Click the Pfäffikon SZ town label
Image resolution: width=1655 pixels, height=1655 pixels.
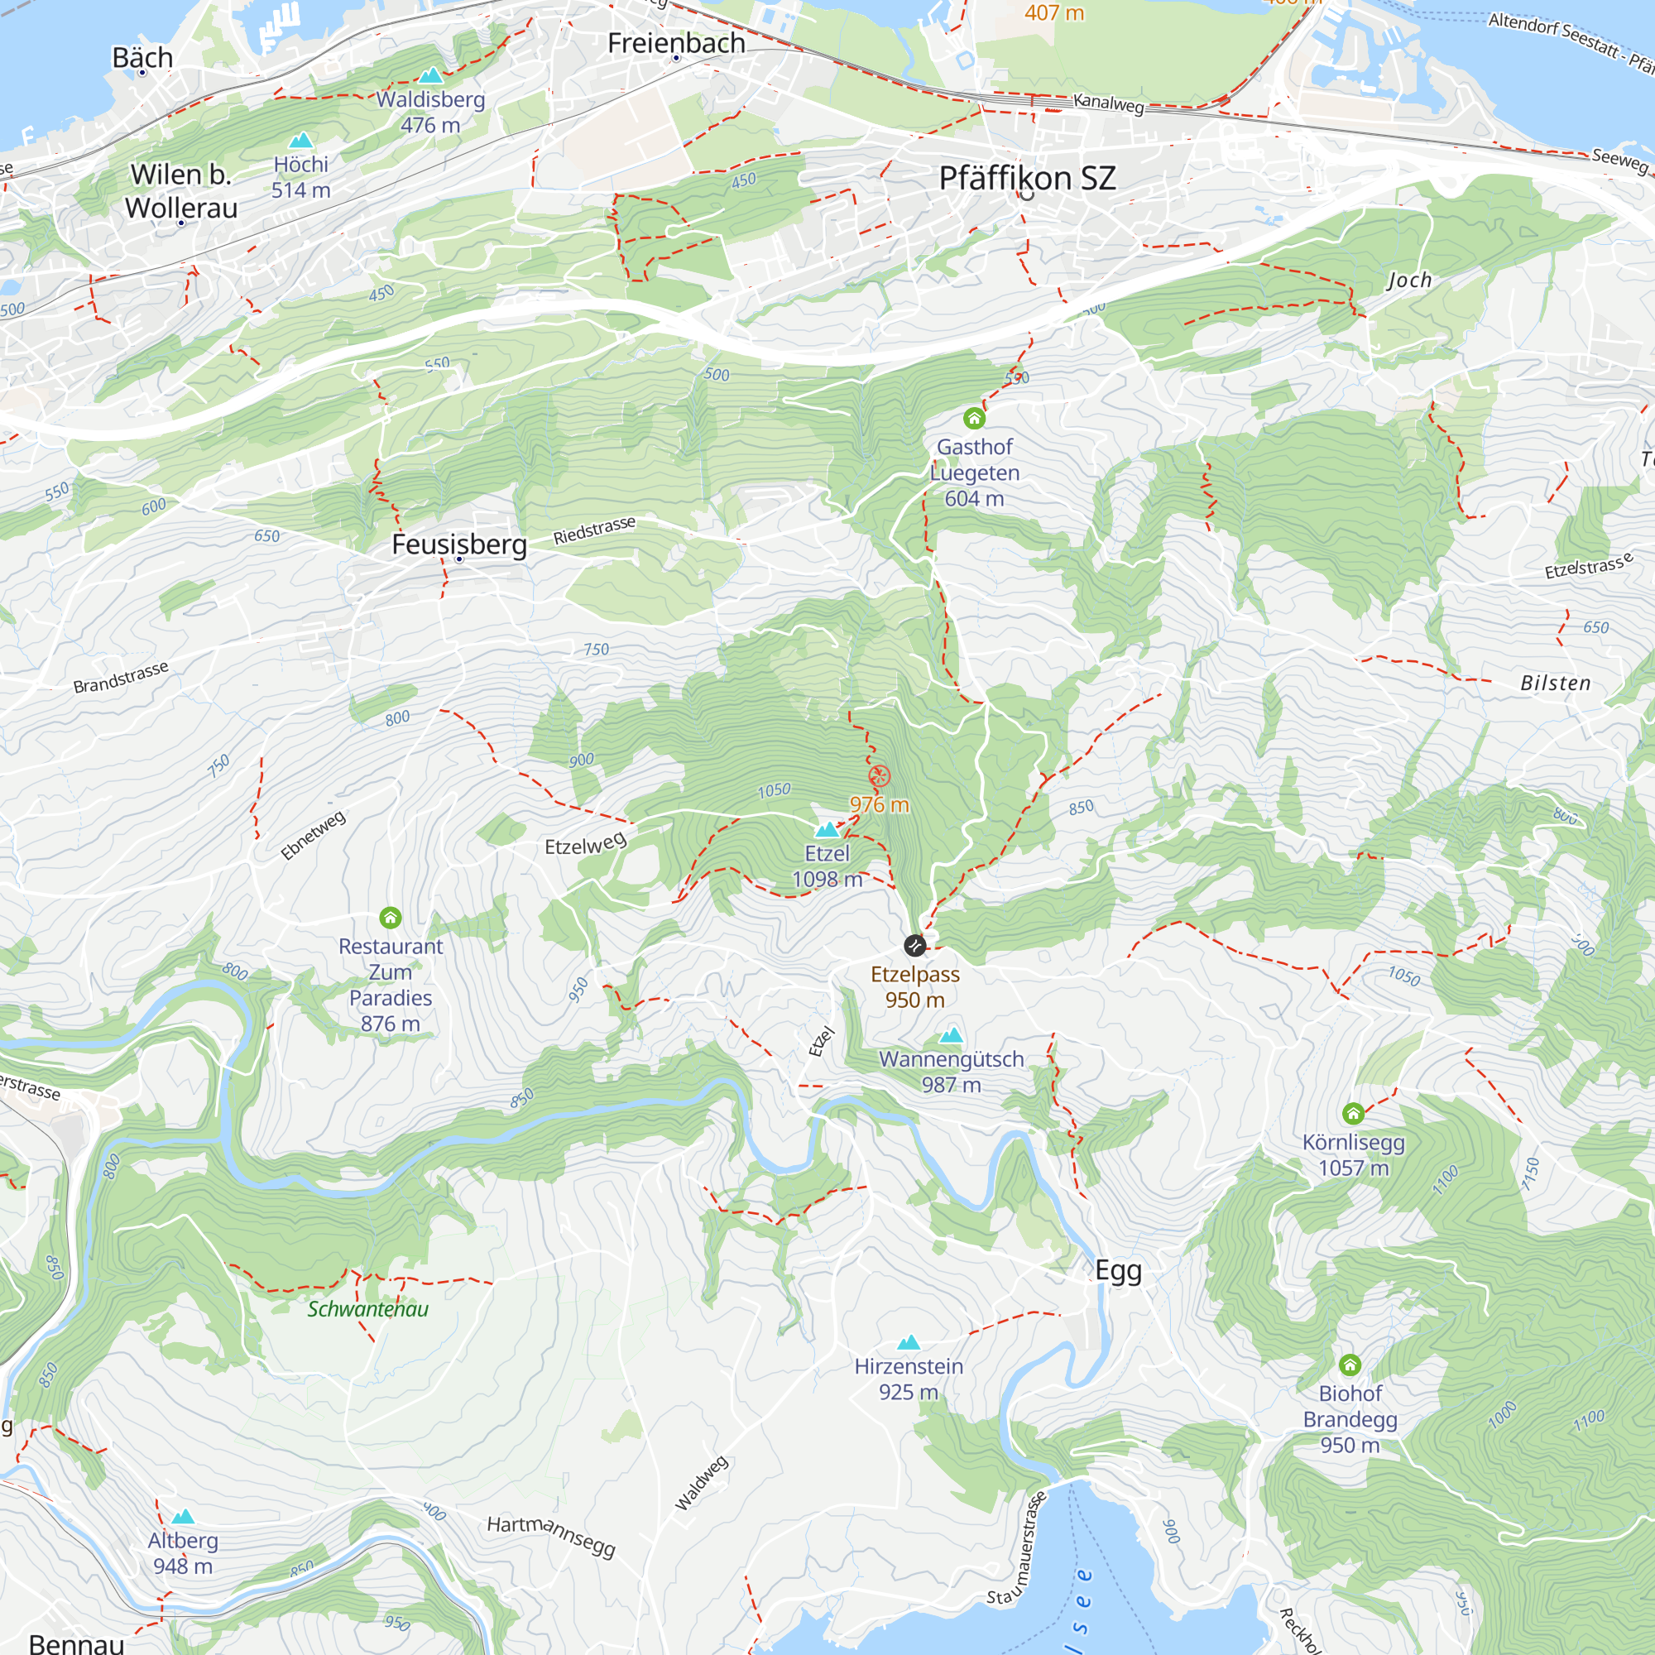pos(1027,178)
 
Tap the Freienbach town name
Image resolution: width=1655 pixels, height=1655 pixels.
pos(676,43)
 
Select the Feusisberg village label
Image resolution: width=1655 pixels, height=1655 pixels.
pos(459,544)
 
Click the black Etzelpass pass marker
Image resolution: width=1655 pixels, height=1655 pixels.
pos(915,946)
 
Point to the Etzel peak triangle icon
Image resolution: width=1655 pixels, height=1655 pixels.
pos(827,829)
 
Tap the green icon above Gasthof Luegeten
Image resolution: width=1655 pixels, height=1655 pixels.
pos(974,418)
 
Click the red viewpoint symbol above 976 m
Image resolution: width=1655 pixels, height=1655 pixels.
pos(880,777)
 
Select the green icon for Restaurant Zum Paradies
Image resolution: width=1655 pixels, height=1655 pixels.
pos(391,919)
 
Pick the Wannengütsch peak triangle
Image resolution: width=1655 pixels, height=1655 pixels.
pos(951,1035)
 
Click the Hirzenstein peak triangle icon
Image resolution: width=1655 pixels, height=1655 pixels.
pos(909,1342)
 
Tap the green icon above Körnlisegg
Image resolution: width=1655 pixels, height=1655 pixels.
pos(1353,1114)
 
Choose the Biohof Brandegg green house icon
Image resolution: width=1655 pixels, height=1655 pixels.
pos(1350,1365)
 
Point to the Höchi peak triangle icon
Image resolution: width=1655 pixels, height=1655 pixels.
pos(300,141)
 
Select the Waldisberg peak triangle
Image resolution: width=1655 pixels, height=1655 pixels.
pos(430,75)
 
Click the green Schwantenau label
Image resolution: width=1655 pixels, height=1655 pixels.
pos(367,1309)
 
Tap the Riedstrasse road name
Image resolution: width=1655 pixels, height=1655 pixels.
pos(594,530)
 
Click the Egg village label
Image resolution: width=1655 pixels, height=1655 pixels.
pos(1118,1269)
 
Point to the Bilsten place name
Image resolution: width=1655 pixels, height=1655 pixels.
pos(1555,683)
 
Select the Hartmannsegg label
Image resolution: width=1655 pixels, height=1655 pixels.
pos(552,1534)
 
